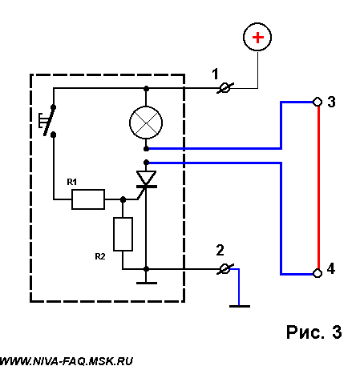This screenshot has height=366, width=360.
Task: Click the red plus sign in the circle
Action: tap(257, 37)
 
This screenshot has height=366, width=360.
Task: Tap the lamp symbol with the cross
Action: tap(146, 123)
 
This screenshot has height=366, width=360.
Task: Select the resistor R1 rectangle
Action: tap(88, 199)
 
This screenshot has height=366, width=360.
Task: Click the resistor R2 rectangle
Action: tap(123, 234)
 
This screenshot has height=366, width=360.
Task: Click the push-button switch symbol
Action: tap(48, 121)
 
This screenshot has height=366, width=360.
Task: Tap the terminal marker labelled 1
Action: tap(225, 88)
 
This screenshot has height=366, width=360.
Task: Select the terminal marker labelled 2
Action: tap(225, 269)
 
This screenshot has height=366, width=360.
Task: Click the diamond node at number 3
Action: tap(318, 102)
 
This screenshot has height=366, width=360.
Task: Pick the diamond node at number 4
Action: tap(318, 273)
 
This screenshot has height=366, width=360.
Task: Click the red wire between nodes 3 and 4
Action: tap(318, 187)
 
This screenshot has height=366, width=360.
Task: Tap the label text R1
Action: tap(72, 182)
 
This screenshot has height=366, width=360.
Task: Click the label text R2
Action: tap(100, 256)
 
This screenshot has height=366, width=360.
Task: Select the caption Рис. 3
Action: tap(314, 332)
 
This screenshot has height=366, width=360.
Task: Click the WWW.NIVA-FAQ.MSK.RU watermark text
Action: tap(67, 361)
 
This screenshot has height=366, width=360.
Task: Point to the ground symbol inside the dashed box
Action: tap(147, 283)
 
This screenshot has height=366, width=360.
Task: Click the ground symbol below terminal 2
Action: tap(240, 306)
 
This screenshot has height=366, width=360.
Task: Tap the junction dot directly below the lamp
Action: tap(146, 149)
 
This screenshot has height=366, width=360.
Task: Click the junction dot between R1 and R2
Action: tap(123, 199)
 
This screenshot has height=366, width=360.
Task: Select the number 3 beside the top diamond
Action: tap(331, 102)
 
